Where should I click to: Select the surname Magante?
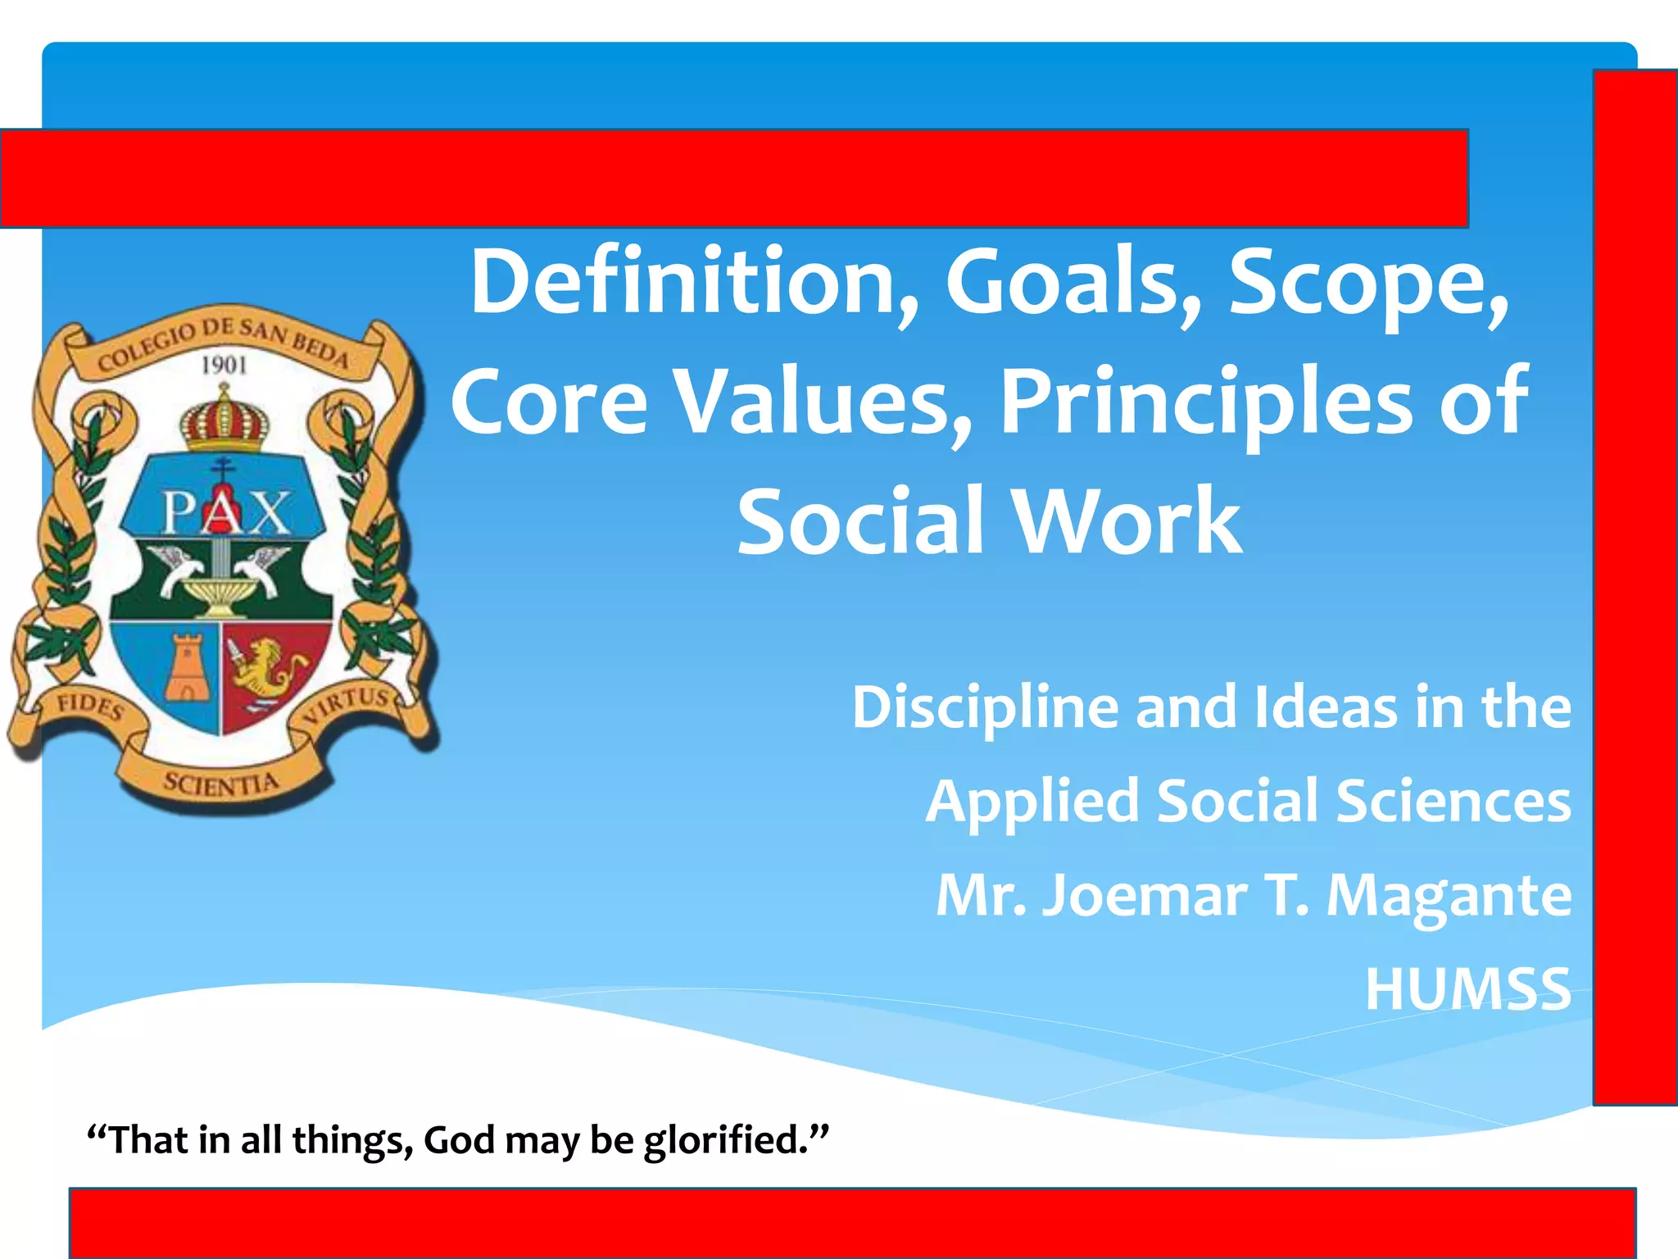(1448, 895)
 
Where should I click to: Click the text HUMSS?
(1467, 989)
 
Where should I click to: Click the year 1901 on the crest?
(224, 365)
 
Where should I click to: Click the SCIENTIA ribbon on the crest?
(221, 783)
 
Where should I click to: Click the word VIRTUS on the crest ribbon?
(348, 705)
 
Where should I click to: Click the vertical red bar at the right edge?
(1635, 587)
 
